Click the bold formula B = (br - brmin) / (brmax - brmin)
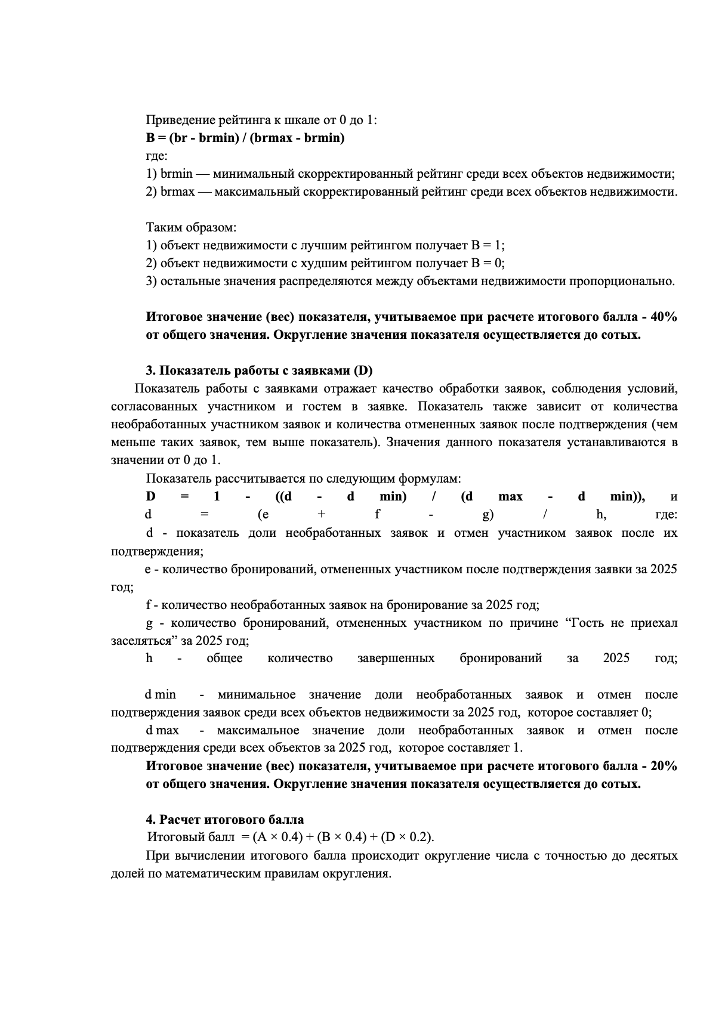245,138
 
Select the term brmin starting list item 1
177,174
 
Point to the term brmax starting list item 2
178,192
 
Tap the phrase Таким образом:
192,228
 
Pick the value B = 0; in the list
488,264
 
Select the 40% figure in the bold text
663,317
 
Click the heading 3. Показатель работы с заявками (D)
259,371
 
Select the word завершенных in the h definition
396,659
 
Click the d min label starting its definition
161,695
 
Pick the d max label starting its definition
162,731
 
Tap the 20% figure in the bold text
663,767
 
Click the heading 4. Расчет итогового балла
225,820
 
